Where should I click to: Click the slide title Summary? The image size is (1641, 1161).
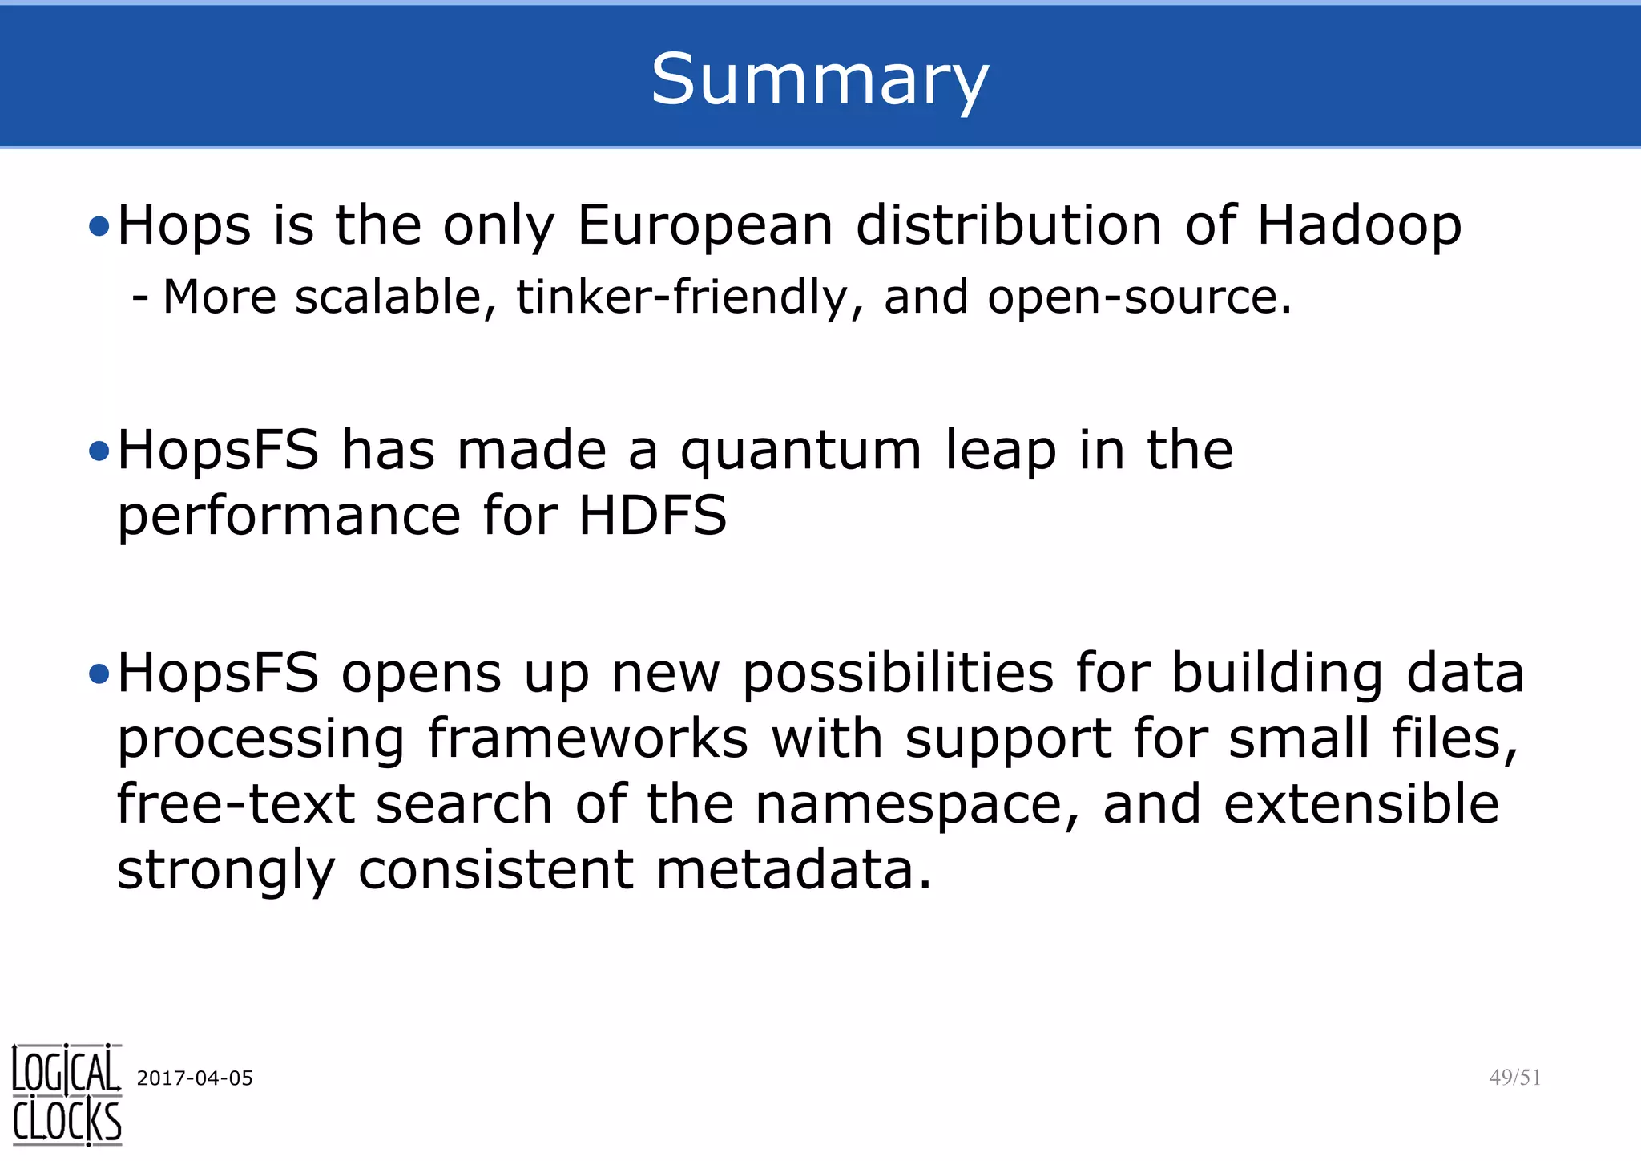[820, 79]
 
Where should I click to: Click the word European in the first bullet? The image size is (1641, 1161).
[705, 225]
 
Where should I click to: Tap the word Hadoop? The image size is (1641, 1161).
[1359, 225]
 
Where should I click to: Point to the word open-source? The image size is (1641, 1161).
[1139, 298]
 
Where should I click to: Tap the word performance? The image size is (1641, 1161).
[289, 516]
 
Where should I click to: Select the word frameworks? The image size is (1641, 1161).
[587, 738]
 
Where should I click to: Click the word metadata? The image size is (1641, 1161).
[793, 870]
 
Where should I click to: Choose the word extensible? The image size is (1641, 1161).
[1361, 803]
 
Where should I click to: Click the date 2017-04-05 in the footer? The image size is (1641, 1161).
[195, 1078]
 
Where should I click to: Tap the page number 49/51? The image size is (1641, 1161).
[1514, 1078]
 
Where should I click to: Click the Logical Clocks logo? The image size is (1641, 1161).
[67, 1094]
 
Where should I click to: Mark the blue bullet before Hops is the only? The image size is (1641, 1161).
[99, 227]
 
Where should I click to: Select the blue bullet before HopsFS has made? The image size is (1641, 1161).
[99, 452]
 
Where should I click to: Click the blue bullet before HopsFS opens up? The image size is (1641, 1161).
[99, 675]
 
